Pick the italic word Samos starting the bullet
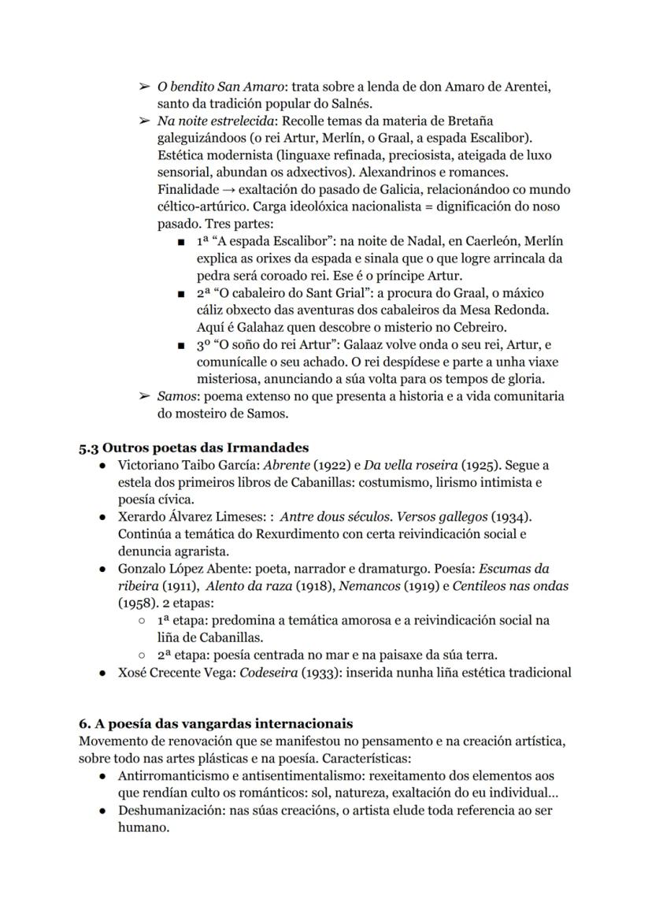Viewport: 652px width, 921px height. pos(174,396)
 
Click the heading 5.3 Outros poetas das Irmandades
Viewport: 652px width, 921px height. pos(193,448)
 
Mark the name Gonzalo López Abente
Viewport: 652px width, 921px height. pos(179,569)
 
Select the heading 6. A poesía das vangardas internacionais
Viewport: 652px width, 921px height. pos(215,723)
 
